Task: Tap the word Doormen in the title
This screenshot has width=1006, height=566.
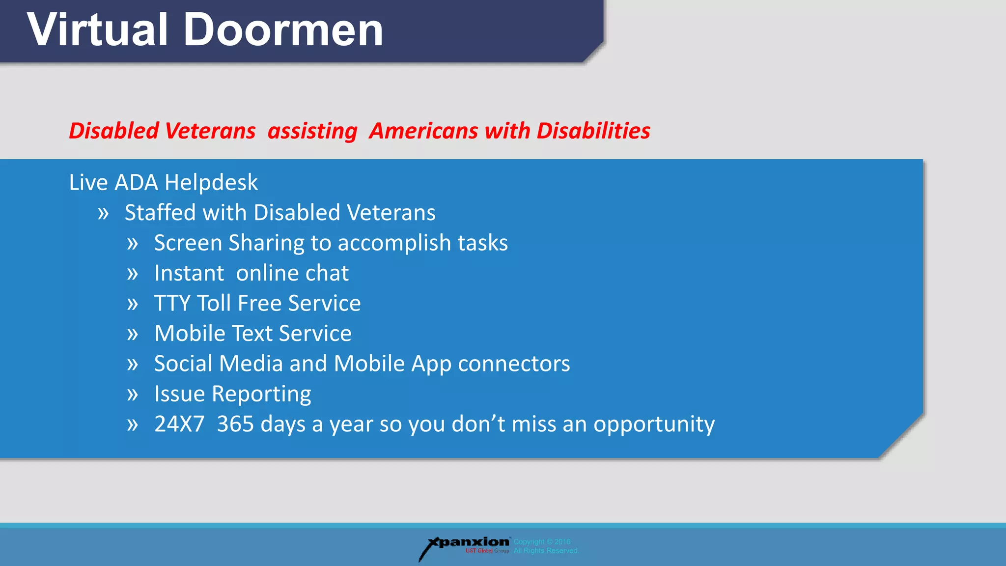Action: click(x=283, y=30)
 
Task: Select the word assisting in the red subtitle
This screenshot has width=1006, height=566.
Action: click(x=312, y=131)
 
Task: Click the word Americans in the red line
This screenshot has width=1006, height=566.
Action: click(x=423, y=131)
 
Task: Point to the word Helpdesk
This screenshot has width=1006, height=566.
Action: click(x=211, y=183)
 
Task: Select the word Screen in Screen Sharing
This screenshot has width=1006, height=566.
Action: click(x=188, y=243)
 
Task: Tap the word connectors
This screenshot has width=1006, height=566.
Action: click(x=514, y=364)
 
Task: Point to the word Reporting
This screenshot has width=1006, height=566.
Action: click(x=261, y=395)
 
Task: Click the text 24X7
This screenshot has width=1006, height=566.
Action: click(x=179, y=424)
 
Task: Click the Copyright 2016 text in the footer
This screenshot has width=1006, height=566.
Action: click(x=542, y=542)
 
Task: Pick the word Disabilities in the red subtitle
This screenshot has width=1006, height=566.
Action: click(x=593, y=131)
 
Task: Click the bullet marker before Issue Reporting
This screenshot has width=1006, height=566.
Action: click(x=133, y=395)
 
